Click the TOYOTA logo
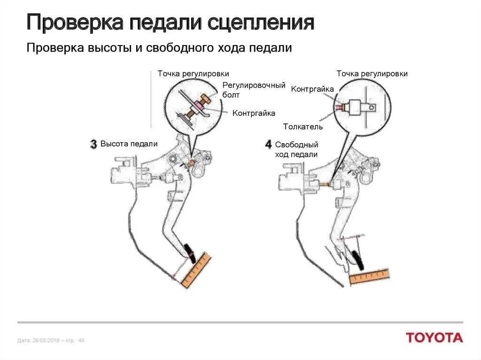click(434, 337)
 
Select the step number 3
click(93, 144)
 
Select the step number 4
click(268, 144)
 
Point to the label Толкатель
click(303, 127)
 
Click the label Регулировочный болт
click(254, 90)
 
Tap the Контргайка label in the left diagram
click(254, 113)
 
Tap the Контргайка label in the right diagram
click(312, 89)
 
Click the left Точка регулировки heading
click(193, 74)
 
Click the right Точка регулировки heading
click(372, 74)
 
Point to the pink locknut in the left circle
click(200, 107)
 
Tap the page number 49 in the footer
click(81, 340)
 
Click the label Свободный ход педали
click(296, 149)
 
